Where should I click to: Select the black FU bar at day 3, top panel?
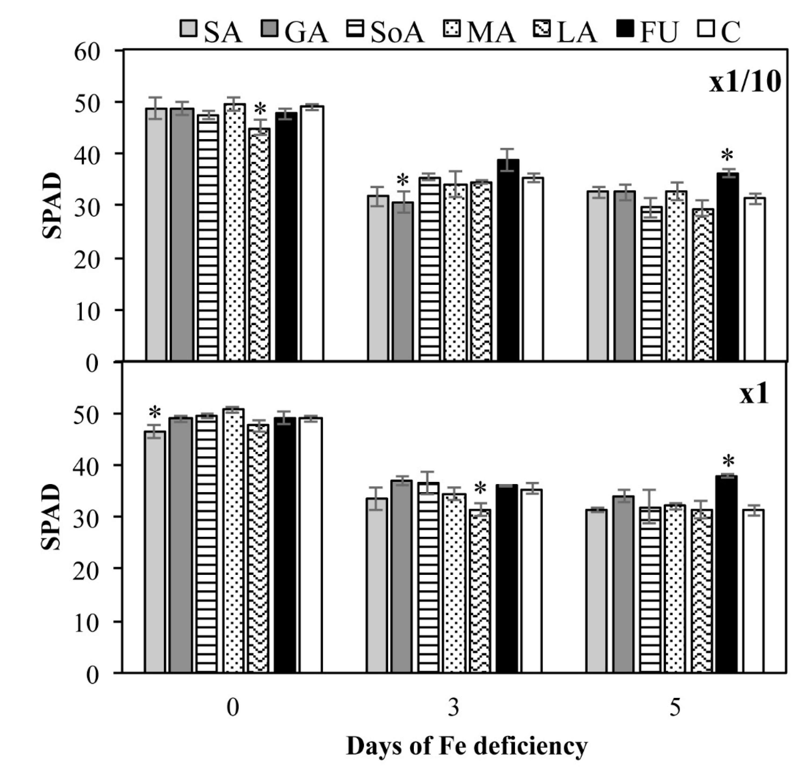[508, 260]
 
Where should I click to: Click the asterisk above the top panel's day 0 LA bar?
[260, 110]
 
